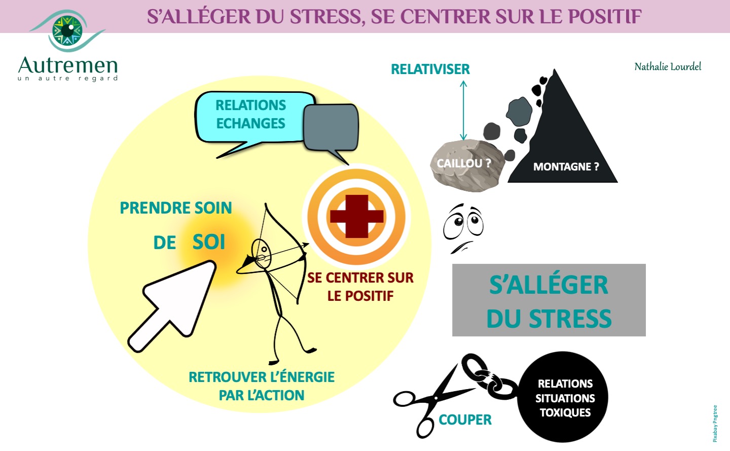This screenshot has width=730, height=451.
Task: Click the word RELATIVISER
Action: tap(430, 69)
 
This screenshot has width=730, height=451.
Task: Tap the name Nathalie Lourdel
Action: tap(668, 66)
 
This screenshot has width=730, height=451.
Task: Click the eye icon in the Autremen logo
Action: tap(68, 30)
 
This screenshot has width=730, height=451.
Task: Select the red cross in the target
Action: tap(357, 217)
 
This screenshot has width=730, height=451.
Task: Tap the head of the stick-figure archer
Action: tap(262, 253)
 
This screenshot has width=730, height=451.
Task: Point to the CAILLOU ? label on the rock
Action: tap(464, 163)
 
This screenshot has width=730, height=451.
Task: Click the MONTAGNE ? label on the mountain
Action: tap(566, 166)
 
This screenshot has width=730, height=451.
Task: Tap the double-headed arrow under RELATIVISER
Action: tap(463, 111)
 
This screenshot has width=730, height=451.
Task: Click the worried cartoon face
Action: tap(463, 228)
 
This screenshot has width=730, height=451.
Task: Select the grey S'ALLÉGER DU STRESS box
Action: tap(549, 300)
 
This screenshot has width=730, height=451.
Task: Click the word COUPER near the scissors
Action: tap(465, 420)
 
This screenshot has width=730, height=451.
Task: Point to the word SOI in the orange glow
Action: tap(209, 242)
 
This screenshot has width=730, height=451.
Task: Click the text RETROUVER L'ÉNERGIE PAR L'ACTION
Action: tap(262, 386)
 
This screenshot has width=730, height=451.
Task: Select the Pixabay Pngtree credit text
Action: tap(715, 423)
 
